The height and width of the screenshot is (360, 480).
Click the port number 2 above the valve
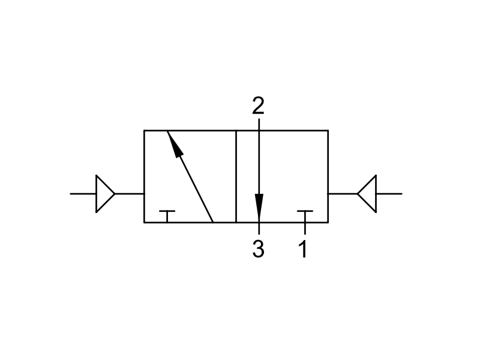[258, 106]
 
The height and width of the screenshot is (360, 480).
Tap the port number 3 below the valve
[258, 248]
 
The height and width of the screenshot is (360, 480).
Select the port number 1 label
[303, 249]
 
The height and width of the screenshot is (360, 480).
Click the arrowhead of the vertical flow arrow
[259, 208]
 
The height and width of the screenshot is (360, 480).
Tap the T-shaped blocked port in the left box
[167, 216]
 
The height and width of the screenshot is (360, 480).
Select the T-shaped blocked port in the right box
[305, 216]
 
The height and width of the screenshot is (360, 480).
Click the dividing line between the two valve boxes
[236, 176]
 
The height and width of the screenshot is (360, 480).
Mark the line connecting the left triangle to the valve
[130, 193]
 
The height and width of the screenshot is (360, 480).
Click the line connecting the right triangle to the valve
[343, 193]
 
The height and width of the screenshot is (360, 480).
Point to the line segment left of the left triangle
[83, 193]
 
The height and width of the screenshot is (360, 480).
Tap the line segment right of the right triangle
[389, 193]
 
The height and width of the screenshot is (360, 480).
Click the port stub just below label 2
[259, 125]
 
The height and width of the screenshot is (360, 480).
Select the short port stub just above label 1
[305, 229]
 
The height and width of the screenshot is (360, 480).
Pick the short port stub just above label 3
[259, 229]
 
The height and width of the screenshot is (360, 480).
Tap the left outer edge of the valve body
[144, 176]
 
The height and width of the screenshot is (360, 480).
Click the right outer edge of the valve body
[328, 176]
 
